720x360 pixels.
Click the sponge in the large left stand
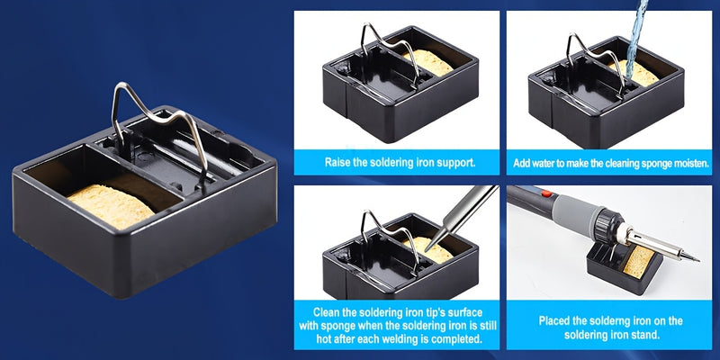tap(111, 206)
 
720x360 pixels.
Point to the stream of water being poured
tap(637, 37)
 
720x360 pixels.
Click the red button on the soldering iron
tap(546, 193)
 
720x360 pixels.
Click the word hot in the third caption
tap(325, 340)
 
